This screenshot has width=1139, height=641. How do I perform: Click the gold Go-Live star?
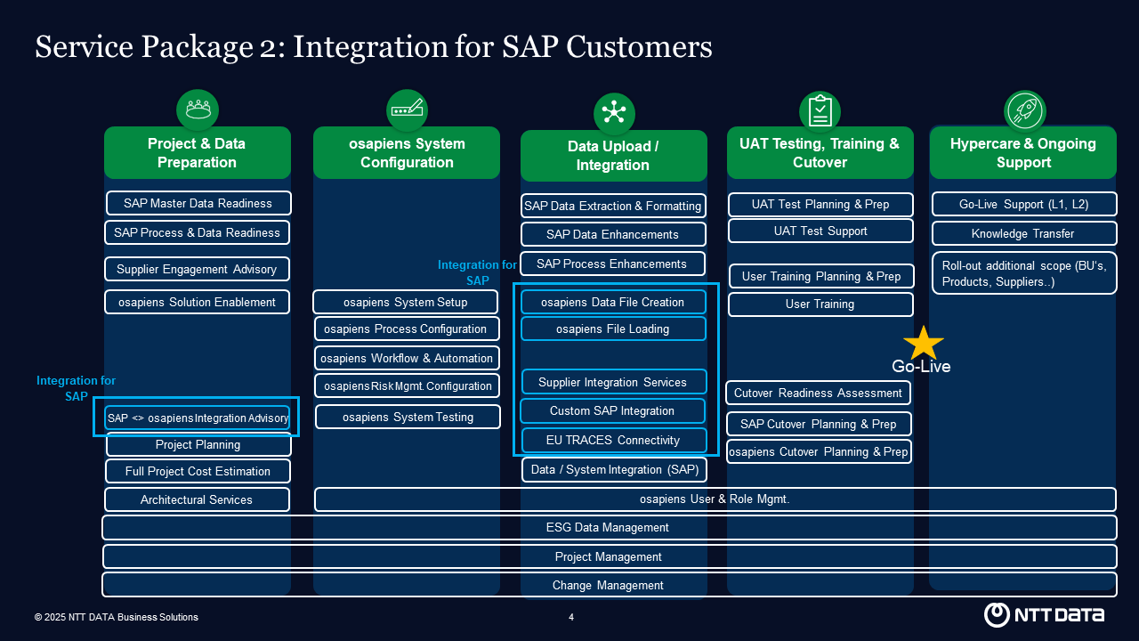923,344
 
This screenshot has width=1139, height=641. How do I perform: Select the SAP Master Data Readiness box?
198,203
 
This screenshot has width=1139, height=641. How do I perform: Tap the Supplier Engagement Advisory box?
197,269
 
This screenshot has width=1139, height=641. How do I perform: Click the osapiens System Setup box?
406,302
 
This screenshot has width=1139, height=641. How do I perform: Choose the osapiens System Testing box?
408,417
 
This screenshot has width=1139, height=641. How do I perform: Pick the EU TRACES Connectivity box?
613,440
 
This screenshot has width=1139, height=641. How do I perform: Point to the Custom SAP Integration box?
612,410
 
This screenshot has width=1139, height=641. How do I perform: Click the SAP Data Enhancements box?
612,234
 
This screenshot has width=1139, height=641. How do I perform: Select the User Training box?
820,304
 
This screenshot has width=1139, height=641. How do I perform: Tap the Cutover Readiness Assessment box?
818,393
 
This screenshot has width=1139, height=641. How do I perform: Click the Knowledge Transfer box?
1023,233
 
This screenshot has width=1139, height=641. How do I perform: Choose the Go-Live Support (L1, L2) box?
1023,204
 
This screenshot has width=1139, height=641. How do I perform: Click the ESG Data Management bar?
609,527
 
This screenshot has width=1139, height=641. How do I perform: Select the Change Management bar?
609,585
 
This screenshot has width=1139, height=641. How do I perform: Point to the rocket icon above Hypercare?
1024,110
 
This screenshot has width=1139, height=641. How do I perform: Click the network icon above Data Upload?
614,113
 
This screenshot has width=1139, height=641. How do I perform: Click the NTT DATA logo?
1044,614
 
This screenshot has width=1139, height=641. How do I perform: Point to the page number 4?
571,617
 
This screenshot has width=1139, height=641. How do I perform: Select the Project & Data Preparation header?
197,152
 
